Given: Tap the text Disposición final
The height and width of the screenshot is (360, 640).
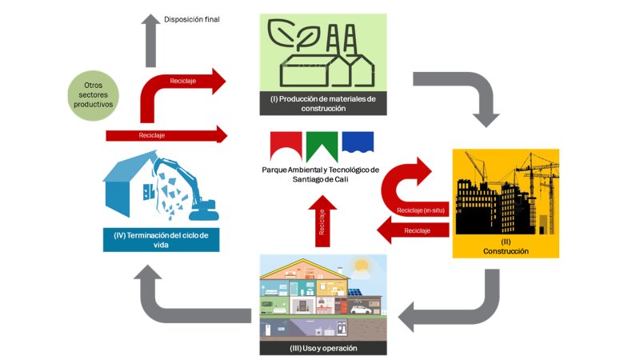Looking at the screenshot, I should point(191,19).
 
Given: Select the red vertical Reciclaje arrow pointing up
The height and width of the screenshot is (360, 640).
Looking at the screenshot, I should point(322,220).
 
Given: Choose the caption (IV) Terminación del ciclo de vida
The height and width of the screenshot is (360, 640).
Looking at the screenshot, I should point(161,240).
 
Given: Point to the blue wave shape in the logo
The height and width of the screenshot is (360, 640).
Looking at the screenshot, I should point(358,142).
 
